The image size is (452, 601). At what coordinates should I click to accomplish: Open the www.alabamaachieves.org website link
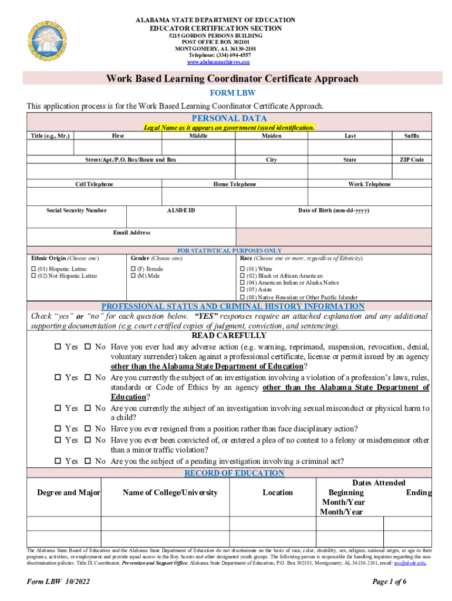click(218, 62)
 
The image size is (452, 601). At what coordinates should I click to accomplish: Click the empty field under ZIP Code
click(411, 171)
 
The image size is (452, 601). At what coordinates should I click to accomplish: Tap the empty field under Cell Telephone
click(94, 196)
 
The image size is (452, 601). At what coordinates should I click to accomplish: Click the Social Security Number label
click(77, 210)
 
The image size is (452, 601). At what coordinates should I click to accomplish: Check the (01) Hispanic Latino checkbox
click(33, 269)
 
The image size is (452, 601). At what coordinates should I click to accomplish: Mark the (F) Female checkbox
click(133, 269)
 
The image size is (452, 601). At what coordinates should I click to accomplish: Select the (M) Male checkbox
click(133, 276)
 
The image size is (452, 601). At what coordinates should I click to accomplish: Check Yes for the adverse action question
click(58, 347)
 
